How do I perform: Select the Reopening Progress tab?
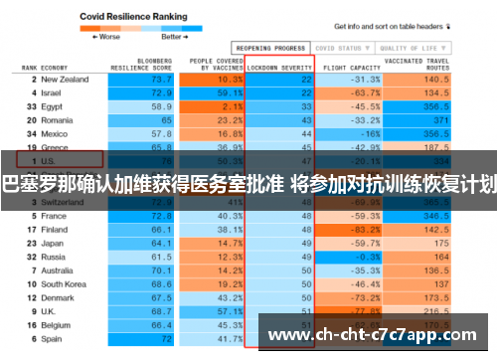pos(269,47)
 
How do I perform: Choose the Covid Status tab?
pos(340,47)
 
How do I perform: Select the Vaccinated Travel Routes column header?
pos(407,64)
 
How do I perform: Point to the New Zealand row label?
pos(65,79)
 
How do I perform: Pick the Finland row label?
pos(56,228)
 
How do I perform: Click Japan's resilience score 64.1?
pos(161,242)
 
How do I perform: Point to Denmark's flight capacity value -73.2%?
pos(343,296)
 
